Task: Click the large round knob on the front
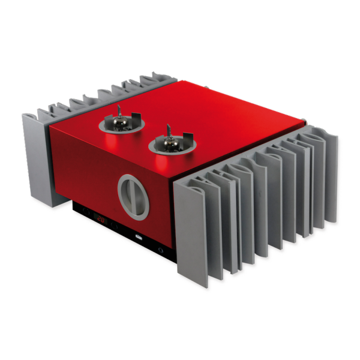point(134,195)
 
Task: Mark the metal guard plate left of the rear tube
point(104,122)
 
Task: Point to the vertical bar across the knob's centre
point(134,196)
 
